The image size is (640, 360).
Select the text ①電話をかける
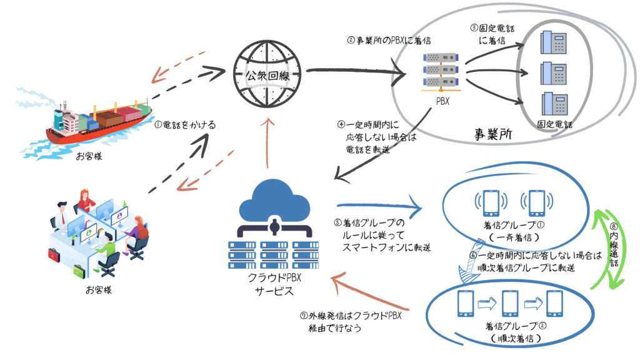[184, 125]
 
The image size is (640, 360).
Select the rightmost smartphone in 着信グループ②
[555, 304]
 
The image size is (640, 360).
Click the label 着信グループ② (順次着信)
[512, 332]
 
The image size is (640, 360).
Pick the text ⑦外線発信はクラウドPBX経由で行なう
[350, 321]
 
